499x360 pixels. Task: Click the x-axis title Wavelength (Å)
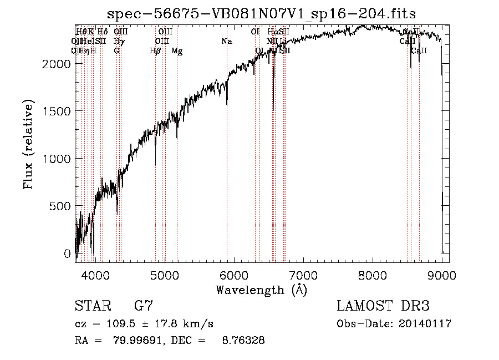261,290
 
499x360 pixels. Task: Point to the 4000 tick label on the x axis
95,275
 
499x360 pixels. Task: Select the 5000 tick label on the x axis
164,275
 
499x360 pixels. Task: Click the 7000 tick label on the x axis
303,275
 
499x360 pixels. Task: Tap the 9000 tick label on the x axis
442,275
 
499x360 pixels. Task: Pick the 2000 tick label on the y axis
57,64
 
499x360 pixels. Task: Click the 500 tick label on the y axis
61,206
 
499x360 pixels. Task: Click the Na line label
226,42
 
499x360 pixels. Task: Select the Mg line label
177,51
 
